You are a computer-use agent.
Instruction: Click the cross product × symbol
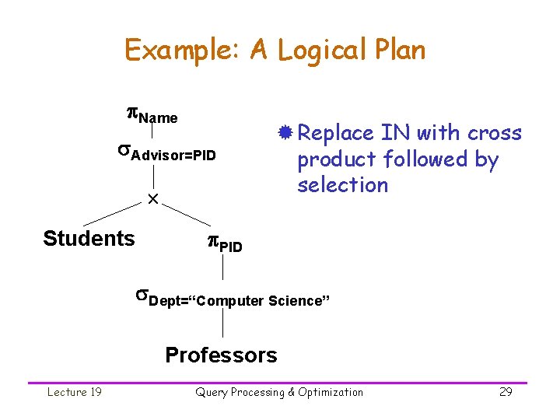coord(153,200)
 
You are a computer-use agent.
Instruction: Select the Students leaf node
coord(89,238)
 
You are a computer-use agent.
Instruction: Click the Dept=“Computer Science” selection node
coord(233,299)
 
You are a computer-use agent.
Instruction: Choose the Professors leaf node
coord(221,355)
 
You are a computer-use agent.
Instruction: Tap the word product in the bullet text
coord(330,159)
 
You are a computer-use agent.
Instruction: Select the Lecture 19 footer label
coord(74,392)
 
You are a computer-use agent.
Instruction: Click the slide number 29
coord(506,392)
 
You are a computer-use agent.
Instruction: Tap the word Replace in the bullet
coord(336,133)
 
